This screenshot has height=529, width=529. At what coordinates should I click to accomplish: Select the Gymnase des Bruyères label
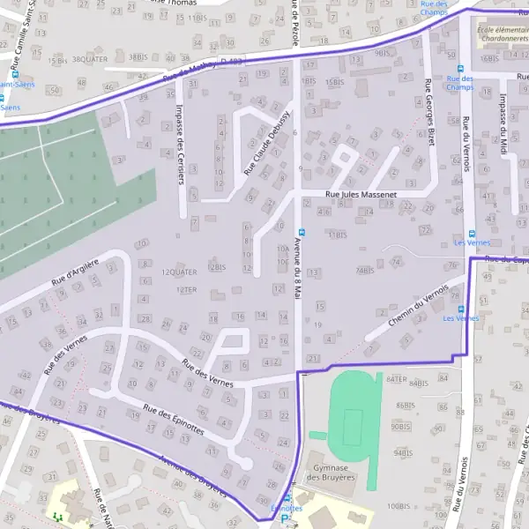(x=329, y=472)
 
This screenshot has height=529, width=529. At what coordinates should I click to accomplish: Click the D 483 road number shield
(x=232, y=61)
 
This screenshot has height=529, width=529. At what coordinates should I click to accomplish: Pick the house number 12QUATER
(x=179, y=272)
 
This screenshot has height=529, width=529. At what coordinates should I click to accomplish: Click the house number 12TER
(x=185, y=288)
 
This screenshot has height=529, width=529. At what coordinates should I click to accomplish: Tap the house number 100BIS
(x=399, y=505)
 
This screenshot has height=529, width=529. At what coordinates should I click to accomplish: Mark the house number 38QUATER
(x=90, y=57)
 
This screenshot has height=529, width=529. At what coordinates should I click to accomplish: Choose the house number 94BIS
(x=402, y=451)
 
